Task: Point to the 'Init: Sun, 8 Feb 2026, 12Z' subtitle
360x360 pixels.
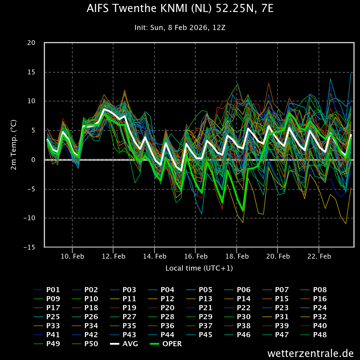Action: click(180, 28)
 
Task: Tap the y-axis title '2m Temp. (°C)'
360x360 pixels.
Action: click(14, 145)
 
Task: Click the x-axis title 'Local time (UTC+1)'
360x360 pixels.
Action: click(199, 268)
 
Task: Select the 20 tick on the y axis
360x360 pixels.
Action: click(31, 43)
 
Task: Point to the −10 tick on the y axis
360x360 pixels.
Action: click(29, 218)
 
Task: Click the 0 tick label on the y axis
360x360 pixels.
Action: click(34, 160)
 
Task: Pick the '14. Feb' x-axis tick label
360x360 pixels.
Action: click(154, 256)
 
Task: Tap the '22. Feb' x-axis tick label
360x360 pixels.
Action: click(319, 256)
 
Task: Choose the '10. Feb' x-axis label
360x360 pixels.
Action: click(72, 256)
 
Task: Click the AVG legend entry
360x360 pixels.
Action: click(130, 344)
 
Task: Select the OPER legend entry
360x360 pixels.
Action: click(172, 344)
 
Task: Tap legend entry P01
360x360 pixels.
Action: click(53, 290)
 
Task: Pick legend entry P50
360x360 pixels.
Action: click(91, 344)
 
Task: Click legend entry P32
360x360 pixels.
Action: click(320, 317)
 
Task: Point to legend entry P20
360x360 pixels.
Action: click(167, 308)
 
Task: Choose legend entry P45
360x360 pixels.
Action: click(205, 335)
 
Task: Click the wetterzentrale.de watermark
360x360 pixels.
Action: click(310, 353)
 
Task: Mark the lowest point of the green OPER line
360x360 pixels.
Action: click(242, 211)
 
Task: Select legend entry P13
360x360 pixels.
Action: click(205, 299)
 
